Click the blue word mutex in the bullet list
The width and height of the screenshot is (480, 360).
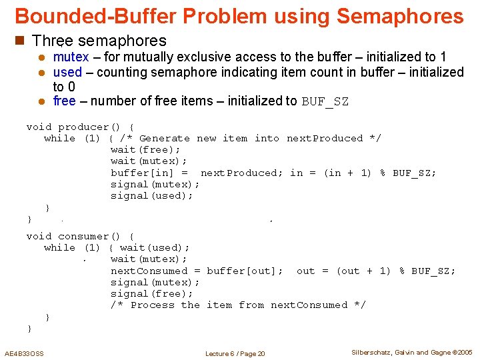point(70,57)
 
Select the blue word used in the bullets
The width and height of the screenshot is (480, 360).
point(67,72)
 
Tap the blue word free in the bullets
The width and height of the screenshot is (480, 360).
point(64,101)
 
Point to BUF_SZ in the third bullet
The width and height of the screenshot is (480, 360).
point(325,102)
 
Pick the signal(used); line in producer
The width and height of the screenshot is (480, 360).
point(152,196)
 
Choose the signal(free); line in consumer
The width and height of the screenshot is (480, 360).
point(152,293)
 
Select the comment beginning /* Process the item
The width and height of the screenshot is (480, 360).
point(238,305)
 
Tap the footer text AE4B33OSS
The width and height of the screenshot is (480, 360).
point(24,353)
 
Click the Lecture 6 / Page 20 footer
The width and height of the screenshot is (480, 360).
point(235,353)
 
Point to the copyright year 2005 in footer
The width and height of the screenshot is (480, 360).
point(465,352)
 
